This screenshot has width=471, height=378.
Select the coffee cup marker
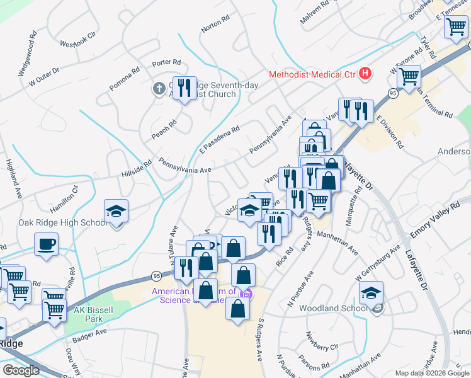[x=47, y=244]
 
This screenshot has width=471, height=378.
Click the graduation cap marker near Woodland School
[x=371, y=293]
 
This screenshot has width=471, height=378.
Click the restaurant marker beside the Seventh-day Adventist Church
[x=183, y=88]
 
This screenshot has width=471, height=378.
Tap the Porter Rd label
[x=166, y=63]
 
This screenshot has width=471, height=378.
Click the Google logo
[x=21, y=370]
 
